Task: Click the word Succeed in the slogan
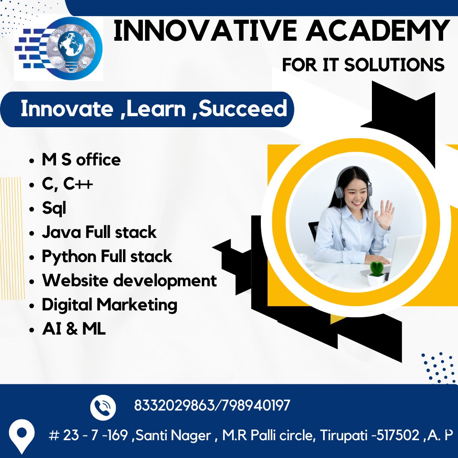click(x=243, y=109)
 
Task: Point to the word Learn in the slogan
click(x=156, y=109)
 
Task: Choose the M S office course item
click(x=81, y=159)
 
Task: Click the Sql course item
click(x=54, y=208)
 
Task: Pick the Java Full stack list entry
click(x=99, y=232)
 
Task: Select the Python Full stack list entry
click(x=106, y=256)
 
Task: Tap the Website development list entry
click(x=129, y=280)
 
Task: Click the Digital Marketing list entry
click(x=109, y=304)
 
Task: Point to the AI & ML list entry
click(x=74, y=329)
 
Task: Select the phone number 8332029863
click(x=174, y=405)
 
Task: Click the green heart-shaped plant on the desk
click(x=376, y=269)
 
